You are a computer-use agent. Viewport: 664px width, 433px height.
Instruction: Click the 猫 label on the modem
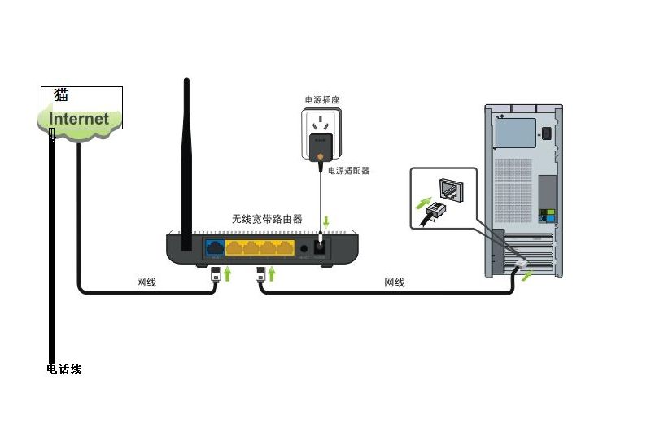[61, 94]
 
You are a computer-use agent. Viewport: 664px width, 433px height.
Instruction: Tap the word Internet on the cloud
[79, 119]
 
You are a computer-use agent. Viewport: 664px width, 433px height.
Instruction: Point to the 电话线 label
[64, 370]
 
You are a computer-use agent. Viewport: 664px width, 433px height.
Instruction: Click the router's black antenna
[186, 155]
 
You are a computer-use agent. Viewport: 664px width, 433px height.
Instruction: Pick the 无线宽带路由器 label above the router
[267, 220]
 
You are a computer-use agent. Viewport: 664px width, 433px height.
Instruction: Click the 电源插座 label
[321, 100]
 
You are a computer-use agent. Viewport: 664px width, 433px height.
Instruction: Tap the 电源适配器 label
[348, 171]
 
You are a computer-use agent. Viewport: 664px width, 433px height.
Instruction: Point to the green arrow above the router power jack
[327, 221]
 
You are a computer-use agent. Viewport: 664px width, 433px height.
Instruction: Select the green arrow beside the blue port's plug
[229, 273]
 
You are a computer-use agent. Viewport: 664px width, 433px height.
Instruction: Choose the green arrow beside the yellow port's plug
[273, 273]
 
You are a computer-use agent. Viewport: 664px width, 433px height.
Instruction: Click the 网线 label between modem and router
[146, 282]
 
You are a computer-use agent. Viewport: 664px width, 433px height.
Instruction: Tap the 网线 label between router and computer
[394, 282]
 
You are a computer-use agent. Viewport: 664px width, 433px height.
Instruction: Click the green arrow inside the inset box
[425, 200]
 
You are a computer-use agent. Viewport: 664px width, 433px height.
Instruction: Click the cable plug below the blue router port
[216, 273]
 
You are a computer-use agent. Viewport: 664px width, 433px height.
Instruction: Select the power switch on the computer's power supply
[547, 133]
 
